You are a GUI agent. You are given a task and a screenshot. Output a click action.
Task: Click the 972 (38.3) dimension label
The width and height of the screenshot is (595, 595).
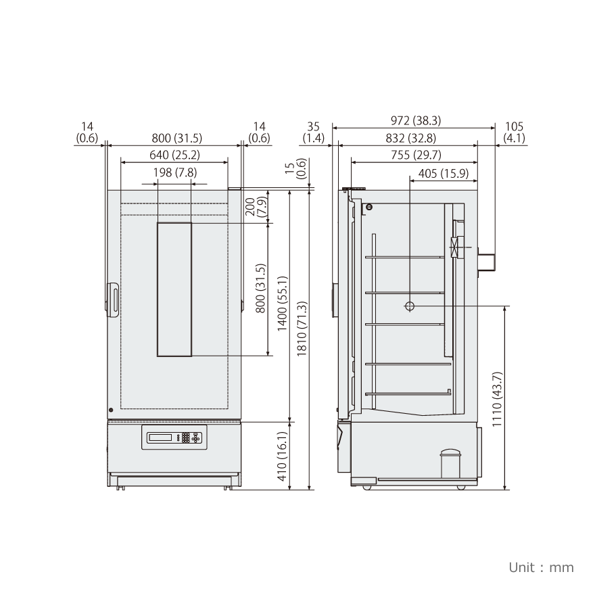pyautogui.click(x=416, y=120)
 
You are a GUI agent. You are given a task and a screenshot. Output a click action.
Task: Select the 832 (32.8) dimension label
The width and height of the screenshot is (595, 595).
pyautogui.click(x=410, y=138)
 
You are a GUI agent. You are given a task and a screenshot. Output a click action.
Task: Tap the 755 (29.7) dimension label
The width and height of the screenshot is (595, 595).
pyautogui.click(x=416, y=156)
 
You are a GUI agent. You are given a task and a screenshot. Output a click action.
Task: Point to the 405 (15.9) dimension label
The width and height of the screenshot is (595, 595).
pyautogui.click(x=444, y=173)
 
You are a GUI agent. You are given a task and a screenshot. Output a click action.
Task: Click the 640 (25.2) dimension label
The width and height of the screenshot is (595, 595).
pyautogui.click(x=174, y=156)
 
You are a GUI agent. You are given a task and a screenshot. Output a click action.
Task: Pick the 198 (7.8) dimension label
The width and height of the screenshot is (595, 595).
pyautogui.click(x=175, y=172)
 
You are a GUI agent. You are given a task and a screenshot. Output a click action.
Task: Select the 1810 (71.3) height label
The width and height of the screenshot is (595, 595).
pyautogui.click(x=302, y=329)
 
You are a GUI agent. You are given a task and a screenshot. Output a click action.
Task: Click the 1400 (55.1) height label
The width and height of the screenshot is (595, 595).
pyautogui.click(x=283, y=304)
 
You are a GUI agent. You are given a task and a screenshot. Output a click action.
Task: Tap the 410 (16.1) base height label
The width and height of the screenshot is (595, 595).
pyautogui.click(x=283, y=456)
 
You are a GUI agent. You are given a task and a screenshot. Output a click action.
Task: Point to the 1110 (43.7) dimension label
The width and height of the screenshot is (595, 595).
pyautogui.click(x=497, y=399)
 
